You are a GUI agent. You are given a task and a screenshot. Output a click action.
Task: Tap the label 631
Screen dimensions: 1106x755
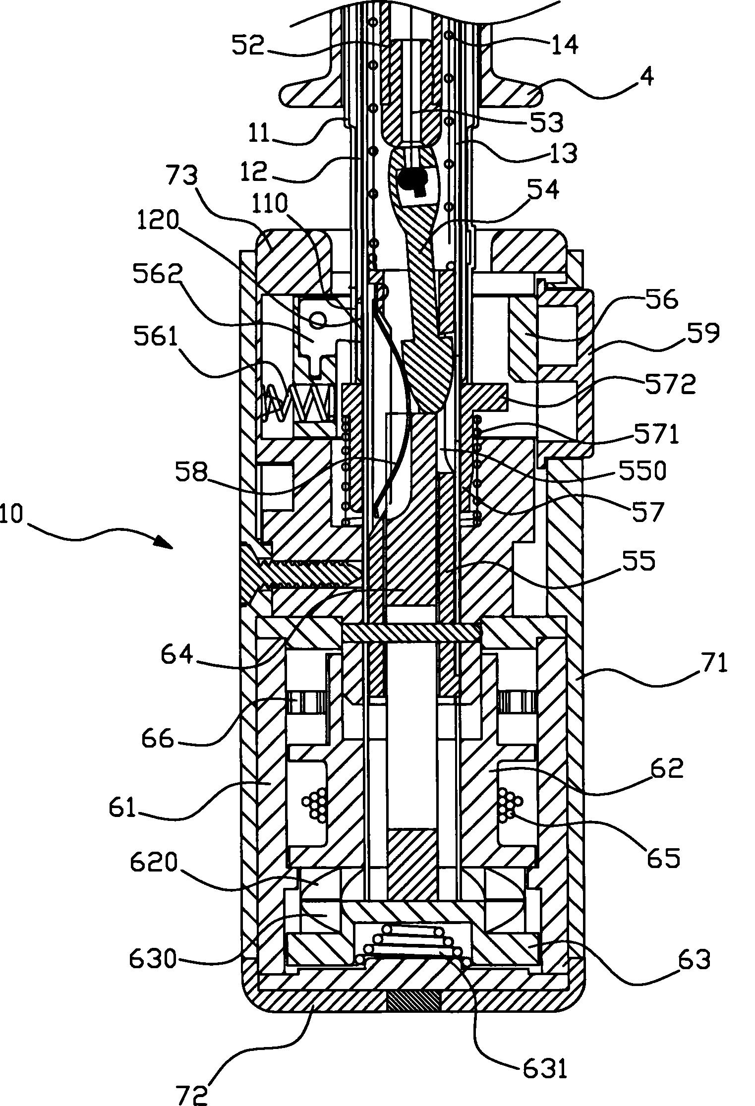coord(543,1054)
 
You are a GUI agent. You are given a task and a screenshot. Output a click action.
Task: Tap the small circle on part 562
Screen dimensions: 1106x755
coord(318,322)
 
